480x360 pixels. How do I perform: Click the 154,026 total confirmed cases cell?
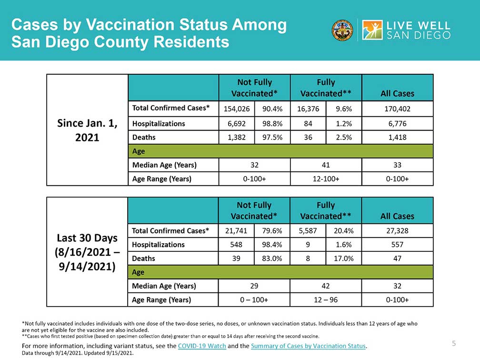[x=237, y=109]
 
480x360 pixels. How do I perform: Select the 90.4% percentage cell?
[x=272, y=109]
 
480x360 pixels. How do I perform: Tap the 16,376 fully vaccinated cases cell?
[x=308, y=109]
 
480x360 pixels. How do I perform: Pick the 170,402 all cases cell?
[x=397, y=109]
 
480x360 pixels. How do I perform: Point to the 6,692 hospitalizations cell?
[x=237, y=124]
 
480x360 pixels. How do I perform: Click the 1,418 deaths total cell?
[x=397, y=138]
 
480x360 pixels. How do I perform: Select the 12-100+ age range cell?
[x=326, y=179]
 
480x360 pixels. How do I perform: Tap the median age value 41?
[x=326, y=165]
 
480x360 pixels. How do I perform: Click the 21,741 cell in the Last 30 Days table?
[x=236, y=230]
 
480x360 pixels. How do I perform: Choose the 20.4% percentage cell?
[x=343, y=230]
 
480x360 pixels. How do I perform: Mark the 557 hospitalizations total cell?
[x=397, y=245]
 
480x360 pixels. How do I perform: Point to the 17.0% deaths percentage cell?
[x=343, y=259]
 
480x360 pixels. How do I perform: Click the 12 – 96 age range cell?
[x=326, y=300]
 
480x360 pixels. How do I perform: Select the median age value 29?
[x=254, y=286]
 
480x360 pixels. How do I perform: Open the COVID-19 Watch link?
[x=202, y=346]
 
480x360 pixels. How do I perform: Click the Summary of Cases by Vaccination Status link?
[x=308, y=346]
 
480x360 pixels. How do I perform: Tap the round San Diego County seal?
[x=342, y=30]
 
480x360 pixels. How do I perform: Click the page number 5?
[x=454, y=343]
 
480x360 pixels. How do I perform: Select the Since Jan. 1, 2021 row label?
[x=87, y=130]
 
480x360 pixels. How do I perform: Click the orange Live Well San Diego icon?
[x=372, y=30]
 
